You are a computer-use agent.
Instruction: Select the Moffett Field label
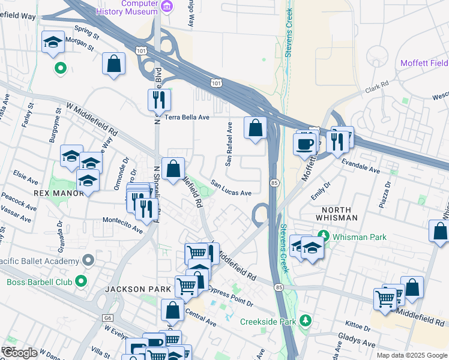point(424,63)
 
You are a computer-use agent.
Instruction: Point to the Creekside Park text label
point(268,322)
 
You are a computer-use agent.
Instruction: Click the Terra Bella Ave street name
point(187,118)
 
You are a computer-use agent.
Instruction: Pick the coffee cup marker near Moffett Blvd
point(304,144)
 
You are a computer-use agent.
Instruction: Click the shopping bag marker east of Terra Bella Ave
point(255,127)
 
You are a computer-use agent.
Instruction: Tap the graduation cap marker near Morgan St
point(53,42)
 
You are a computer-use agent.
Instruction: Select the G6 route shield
point(107,318)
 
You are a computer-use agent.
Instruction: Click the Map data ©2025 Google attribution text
point(411,355)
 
